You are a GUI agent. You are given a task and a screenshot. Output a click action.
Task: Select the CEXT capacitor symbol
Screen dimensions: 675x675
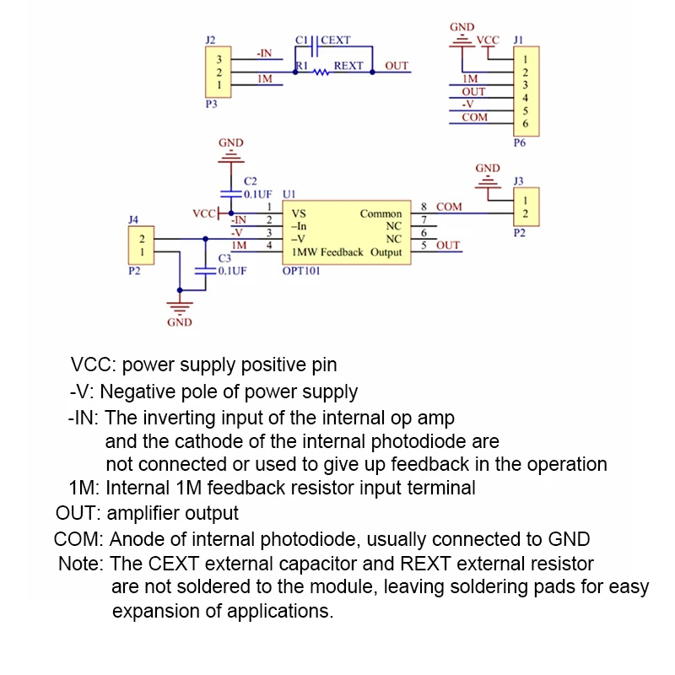313,40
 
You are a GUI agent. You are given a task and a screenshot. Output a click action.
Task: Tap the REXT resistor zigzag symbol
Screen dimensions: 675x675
321,73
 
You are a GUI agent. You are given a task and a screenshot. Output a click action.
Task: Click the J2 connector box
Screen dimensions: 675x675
219,73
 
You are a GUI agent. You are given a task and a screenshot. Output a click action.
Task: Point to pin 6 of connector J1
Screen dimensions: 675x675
525,124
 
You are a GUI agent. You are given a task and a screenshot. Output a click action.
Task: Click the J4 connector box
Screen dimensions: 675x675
142,246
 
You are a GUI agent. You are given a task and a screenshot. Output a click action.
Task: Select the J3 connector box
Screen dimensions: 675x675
525,207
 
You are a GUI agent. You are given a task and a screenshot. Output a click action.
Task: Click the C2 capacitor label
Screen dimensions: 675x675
250,181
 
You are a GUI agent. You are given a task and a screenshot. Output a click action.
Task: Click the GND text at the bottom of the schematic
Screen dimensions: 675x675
180,322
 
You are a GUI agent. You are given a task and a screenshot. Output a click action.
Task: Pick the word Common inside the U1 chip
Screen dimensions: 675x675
381,213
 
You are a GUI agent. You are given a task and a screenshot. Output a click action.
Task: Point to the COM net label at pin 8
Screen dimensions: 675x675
449,207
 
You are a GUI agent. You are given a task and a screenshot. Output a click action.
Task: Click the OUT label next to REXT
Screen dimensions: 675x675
397,66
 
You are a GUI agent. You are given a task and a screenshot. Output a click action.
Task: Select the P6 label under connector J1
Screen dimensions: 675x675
520,143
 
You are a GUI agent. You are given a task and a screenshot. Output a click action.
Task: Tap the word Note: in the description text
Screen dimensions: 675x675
81,563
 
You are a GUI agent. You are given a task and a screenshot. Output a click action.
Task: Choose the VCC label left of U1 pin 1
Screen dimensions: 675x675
204,213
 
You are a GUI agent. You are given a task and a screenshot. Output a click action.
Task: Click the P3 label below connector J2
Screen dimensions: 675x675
211,105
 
